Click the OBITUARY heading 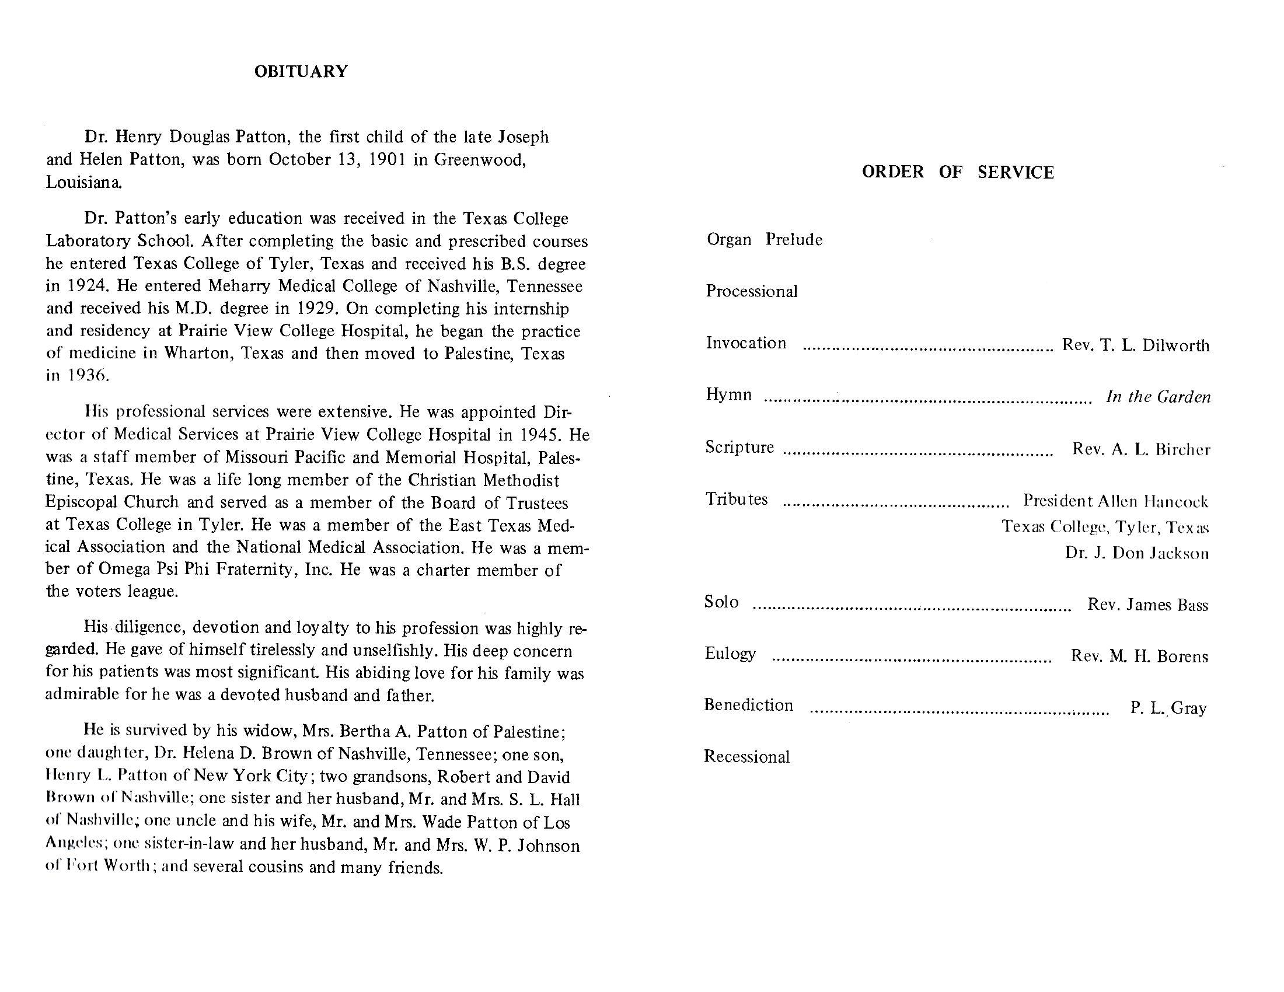(301, 72)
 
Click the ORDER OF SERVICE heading (958, 172)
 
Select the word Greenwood (479, 160)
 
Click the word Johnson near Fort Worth (549, 846)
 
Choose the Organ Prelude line (765, 240)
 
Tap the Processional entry (751, 292)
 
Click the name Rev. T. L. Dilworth (1135, 345)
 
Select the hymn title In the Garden (1158, 397)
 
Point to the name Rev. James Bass (1147, 605)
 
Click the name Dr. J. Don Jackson (1137, 554)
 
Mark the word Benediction (748, 705)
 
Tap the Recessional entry (746, 757)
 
